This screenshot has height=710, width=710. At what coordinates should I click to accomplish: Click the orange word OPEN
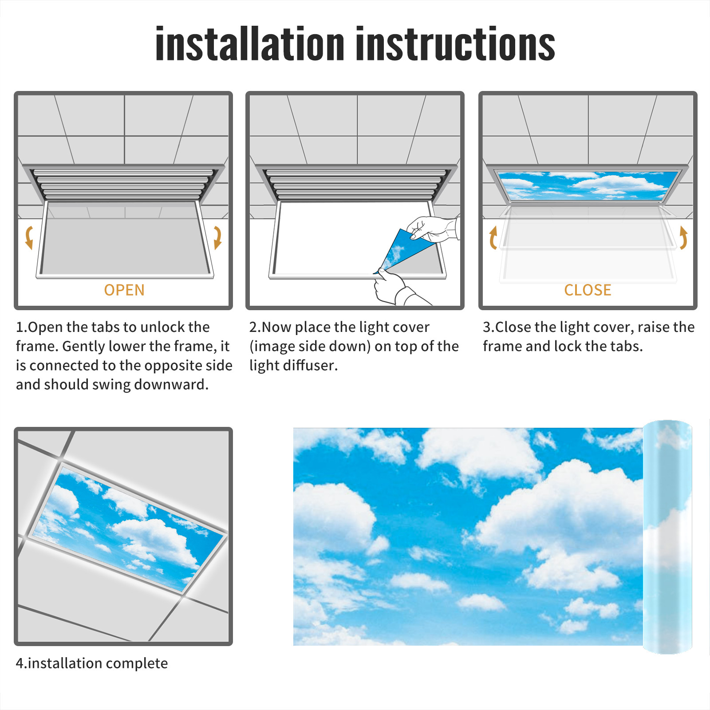(124, 290)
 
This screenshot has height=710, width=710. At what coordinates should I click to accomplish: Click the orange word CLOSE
(588, 290)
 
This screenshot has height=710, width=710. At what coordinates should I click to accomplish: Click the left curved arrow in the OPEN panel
(28, 237)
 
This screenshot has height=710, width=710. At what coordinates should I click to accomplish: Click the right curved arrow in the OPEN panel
(218, 237)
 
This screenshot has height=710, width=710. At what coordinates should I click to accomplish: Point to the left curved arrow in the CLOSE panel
(493, 237)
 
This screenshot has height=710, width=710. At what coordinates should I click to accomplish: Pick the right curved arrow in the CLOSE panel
(684, 237)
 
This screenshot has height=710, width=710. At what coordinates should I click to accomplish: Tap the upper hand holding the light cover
(433, 229)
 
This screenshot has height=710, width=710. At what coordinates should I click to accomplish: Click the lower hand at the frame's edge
(393, 288)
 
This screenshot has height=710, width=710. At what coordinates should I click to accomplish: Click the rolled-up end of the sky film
(667, 537)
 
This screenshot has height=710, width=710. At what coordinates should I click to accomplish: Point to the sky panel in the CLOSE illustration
(588, 185)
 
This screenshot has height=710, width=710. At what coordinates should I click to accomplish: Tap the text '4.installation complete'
(92, 663)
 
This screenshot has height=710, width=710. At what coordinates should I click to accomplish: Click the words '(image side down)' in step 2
(310, 346)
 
